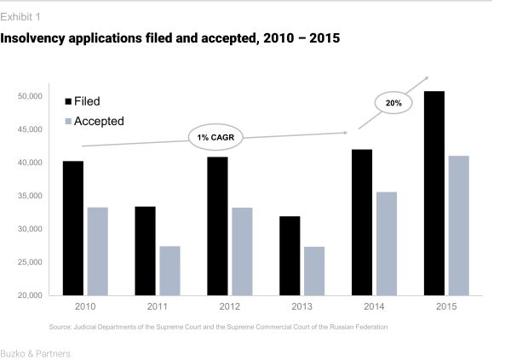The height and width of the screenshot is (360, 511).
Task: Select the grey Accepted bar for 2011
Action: click(169, 271)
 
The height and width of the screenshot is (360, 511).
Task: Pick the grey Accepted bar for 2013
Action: click(314, 271)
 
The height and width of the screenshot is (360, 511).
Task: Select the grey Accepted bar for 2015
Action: click(458, 226)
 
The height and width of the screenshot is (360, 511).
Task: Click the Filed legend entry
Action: click(86, 101)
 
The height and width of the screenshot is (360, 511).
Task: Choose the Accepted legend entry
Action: click(99, 121)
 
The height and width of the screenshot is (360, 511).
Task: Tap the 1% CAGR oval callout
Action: click(216, 137)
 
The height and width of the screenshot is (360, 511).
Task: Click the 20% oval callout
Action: click(393, 103)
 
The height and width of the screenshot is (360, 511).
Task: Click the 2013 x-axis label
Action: click(301, 306)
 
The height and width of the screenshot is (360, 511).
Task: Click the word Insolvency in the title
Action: click(39, 40)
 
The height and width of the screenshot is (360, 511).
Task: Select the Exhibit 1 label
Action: click(20, 17)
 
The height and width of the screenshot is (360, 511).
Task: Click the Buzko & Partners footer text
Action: click(36, 352)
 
